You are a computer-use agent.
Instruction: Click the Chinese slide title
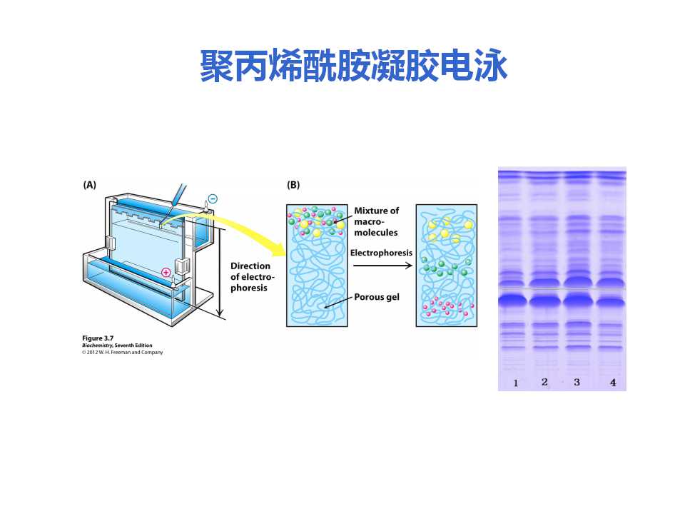click(353, 66)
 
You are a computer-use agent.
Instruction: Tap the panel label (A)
click(90, 185)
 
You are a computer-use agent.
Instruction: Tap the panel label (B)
click(293, 185)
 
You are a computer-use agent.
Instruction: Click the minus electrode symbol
click(213, 199)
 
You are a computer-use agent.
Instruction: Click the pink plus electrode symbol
click(166, 272)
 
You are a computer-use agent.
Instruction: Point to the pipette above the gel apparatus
click(175, 202)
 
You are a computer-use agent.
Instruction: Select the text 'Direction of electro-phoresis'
click(252, 277)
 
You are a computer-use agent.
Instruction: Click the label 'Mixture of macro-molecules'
click(376, 221)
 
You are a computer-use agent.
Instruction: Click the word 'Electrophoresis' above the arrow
click(381, 253)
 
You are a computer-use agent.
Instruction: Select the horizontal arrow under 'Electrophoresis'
click(382, 266)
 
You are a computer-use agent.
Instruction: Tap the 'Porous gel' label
click(377, 297)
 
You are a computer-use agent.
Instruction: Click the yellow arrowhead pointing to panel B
click(278, 249)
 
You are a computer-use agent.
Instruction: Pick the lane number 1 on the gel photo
click(515, 383)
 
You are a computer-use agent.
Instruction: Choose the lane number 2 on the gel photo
click(544, 382)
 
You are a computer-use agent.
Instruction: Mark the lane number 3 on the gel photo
click(577, 382)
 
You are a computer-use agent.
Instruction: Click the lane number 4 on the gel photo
click(613, 383)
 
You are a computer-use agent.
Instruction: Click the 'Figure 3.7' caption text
click(98, 338)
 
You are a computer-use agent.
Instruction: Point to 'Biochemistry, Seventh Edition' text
click(117, 346)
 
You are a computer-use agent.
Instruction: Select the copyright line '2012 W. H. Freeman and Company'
click(122, 352)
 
